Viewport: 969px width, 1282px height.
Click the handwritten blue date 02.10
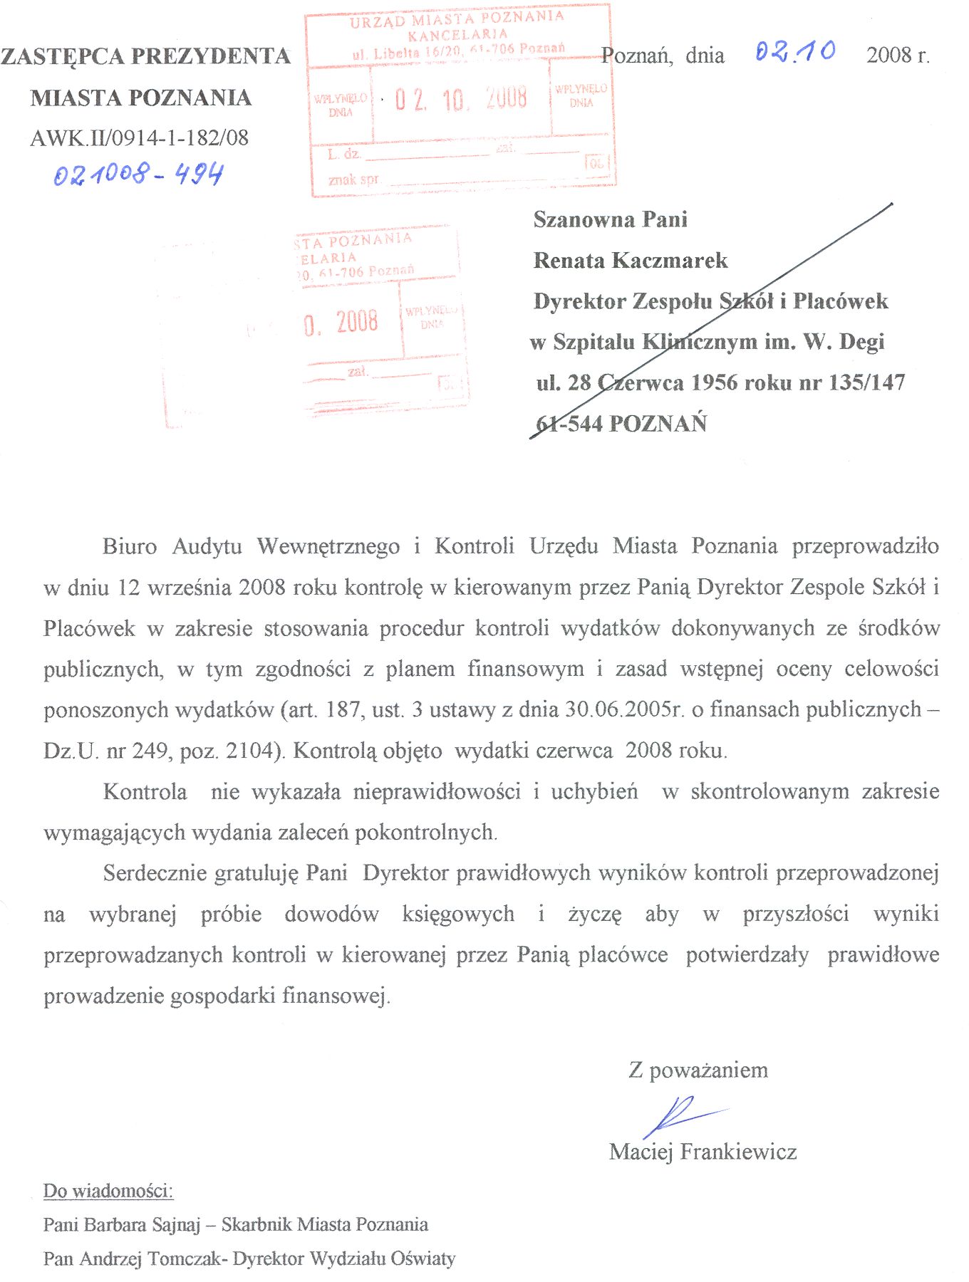pos(795,52)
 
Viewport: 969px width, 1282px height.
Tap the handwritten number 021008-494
pos(138,174)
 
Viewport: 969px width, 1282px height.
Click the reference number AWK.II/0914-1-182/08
pos(140,138)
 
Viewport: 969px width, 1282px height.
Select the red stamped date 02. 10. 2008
pos(461,99)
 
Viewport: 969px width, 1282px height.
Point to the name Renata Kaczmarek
pos(631,261)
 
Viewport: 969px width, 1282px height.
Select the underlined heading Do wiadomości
pos(108,1191)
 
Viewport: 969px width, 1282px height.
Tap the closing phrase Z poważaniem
pos(698,1070)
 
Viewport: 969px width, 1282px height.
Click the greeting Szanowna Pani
pos(611,219)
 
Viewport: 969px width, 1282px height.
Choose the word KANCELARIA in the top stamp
pos(458,34)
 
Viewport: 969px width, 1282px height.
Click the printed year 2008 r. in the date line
pos(898,56)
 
